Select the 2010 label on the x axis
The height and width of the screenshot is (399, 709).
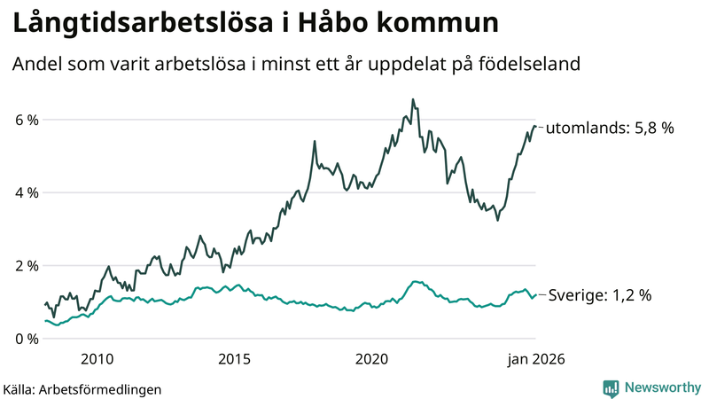tap(97, 359)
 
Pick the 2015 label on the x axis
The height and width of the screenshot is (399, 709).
tap(235, 359)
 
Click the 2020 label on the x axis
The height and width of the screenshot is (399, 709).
tap(372, 359)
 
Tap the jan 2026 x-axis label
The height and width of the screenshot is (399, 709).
tap(535, 359)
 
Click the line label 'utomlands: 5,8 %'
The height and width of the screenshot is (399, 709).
tap(610, 128)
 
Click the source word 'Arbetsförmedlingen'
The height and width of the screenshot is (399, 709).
tap(100, 388)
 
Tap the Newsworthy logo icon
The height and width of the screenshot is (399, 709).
tap(611, 387)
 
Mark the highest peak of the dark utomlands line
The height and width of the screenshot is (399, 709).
tap(413, 99)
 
